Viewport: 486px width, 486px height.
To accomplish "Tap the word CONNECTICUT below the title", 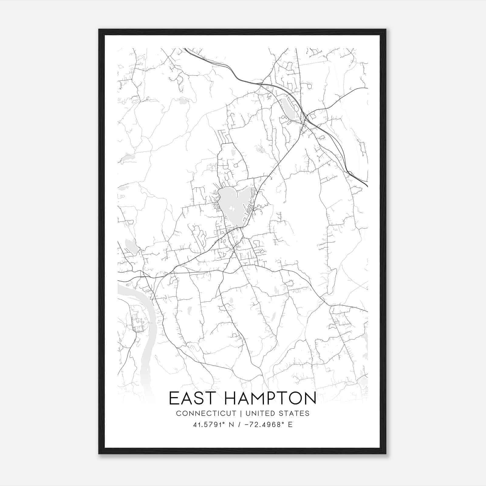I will pyautogui.click(x=206, y=413).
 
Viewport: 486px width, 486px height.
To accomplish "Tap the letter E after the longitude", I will pyautogui.click(x=290, y=425).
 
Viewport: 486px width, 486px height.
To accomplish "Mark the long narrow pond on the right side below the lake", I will pyautogui.click(x=331, y=281).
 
